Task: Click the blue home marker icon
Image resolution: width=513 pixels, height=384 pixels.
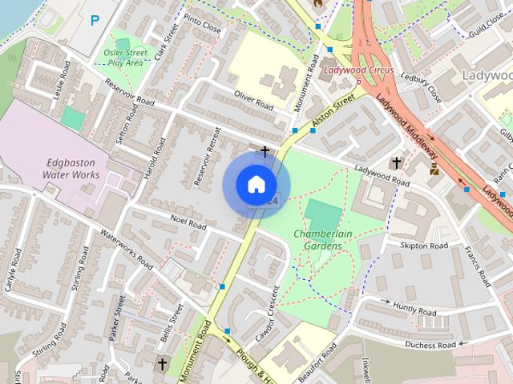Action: [256, 185]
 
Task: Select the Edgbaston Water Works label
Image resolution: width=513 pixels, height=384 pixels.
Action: [71, 167]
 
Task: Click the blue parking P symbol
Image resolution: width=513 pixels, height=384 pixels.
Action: [96, 21]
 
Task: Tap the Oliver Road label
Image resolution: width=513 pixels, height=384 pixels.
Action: [253, 101]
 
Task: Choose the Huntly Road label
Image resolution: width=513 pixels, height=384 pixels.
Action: [414, 310]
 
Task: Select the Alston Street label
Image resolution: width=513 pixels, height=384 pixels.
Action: [333, 110]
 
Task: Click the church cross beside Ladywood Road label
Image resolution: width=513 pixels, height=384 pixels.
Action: [394, 162]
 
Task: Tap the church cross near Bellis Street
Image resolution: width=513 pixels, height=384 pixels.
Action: [162, 364]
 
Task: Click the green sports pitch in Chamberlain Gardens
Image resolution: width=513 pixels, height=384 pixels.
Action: [322, 214]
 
